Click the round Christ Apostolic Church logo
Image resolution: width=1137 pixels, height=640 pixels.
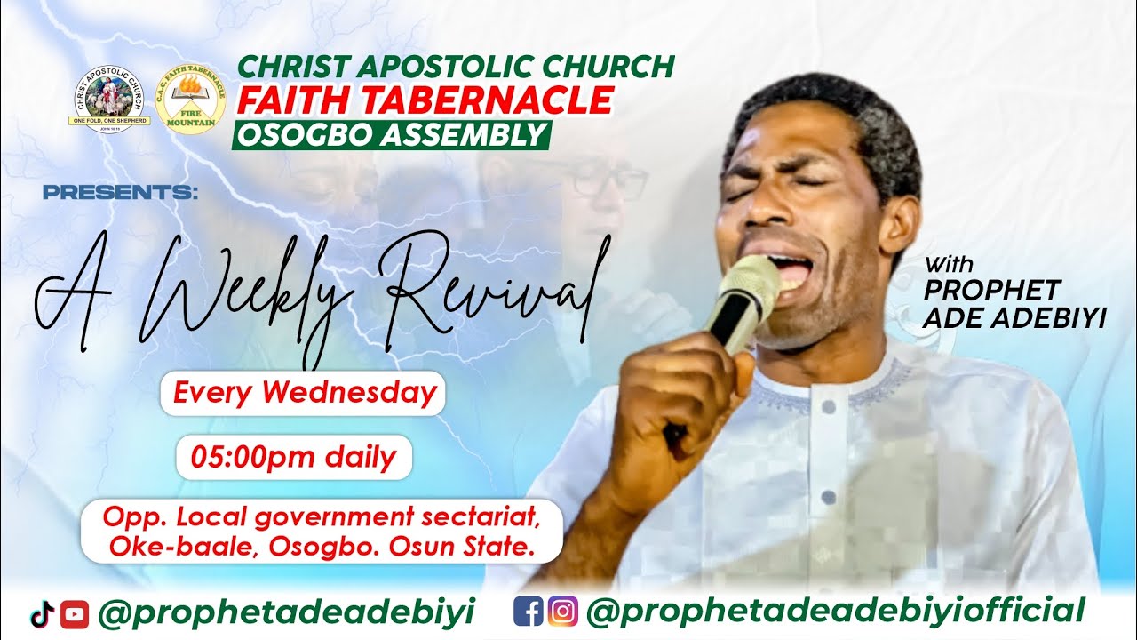pos(110,99)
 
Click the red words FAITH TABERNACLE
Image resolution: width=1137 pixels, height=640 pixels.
pos(425,100)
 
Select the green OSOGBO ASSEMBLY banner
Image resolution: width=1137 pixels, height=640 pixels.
pos(391,135)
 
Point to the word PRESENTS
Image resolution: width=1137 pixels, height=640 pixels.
pos(119,192)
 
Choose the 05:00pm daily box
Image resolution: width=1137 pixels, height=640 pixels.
pos(294,458)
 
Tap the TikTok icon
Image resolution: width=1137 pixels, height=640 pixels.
pos(43,612)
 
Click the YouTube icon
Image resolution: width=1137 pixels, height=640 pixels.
pos(75,612)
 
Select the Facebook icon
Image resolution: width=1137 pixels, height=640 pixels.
pos(528,612)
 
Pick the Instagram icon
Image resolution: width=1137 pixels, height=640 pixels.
pos(562,612)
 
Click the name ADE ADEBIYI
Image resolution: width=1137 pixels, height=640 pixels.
pos(1014,317)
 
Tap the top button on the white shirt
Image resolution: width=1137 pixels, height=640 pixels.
pos(828,405)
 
